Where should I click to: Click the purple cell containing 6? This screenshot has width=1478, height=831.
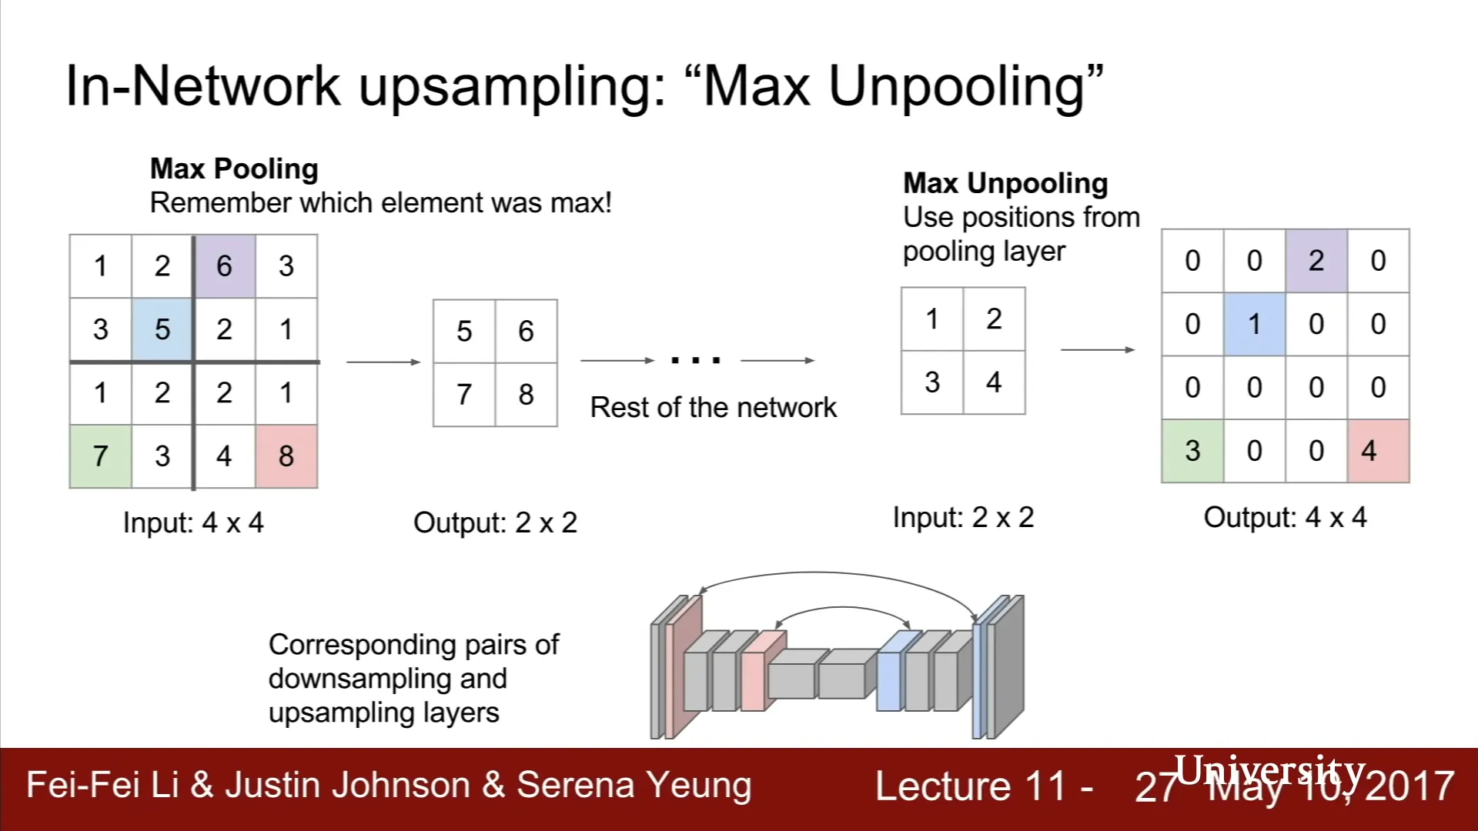[x=224, y=266]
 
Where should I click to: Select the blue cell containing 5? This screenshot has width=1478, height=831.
[x=162, y=329]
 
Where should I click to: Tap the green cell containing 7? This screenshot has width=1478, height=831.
[x=100, y=456]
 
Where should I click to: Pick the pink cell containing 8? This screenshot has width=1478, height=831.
[x=286, y=456]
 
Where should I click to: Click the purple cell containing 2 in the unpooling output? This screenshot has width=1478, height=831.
[x=1316, y=261]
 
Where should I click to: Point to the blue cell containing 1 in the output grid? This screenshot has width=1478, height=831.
[x=1254, y=324]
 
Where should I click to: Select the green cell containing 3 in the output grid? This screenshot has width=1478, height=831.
[x=1192, y=451]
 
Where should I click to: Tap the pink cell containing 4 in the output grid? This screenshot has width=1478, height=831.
[x=1378, y=451]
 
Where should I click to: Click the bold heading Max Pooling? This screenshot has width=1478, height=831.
[x=234, y=169]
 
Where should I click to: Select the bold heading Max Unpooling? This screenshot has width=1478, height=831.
[x=1005, y=183]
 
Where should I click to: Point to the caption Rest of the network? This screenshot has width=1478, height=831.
[x=713, y=407]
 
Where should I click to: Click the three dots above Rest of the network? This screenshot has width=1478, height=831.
[x=696, y=359]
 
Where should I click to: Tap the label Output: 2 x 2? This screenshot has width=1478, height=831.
[x=495, y=522]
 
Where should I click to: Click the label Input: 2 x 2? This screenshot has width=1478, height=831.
[x=963, y=517]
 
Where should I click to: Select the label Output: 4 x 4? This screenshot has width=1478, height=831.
[x=1285, y=517]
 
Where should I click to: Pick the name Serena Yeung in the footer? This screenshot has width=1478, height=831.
[x=634, y=786]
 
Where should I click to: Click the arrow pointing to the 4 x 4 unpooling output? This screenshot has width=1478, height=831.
[x=1098, y=350]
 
